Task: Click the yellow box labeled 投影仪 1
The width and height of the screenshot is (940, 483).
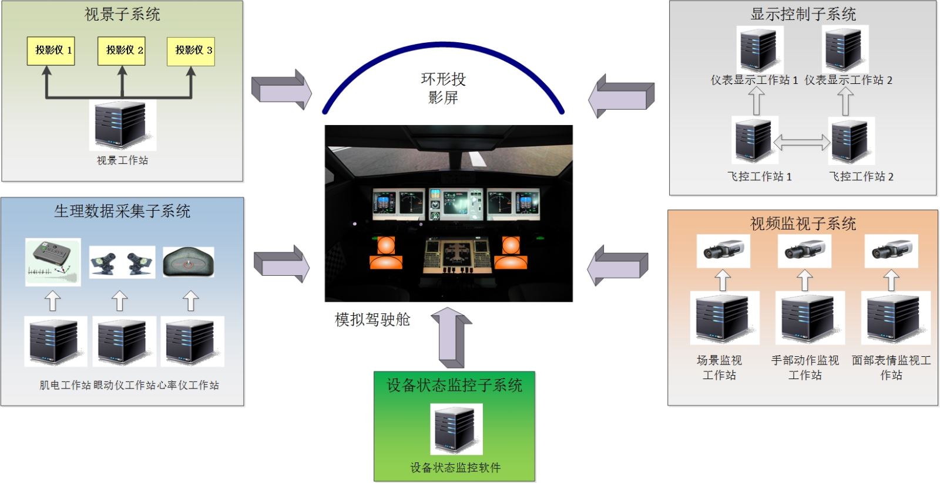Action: click(x=51, y=50)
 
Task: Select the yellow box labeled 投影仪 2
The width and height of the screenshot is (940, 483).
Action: click(x=122, y=50)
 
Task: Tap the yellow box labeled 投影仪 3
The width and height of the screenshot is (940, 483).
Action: click(x=191, y=50)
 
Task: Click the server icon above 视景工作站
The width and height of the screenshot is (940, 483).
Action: click(x=122, y=125)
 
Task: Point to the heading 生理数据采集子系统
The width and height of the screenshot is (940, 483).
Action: click(x=122, y=211)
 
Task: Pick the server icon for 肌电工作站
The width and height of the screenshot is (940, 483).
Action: click(x=55, y=342)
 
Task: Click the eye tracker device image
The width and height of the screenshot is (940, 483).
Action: click(x=122, y=262)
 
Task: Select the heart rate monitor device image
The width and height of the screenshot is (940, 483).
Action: click(x=188, y=262)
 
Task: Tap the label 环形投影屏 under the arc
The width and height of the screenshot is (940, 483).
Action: click(x=443, y=88)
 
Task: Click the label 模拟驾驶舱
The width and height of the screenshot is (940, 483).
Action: click(x=372, y=320)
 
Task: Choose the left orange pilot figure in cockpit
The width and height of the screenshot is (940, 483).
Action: click(x=385, y=253)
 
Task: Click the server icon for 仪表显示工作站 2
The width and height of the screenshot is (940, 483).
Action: click(x=845, y=49)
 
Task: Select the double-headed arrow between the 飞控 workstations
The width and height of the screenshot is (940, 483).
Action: click(x=801, y=142)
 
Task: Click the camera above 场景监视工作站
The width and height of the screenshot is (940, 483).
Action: click(x=723, y=251)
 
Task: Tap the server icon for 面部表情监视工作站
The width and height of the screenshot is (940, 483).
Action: click(x=895, y=318)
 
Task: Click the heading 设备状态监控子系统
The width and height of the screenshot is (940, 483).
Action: click(x=454, y=386)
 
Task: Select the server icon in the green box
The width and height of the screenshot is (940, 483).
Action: click(x=456, y=429)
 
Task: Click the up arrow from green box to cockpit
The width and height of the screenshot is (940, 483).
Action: click(x=451, y=337)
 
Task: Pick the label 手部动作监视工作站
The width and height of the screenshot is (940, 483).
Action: click(x=805, y=367)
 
